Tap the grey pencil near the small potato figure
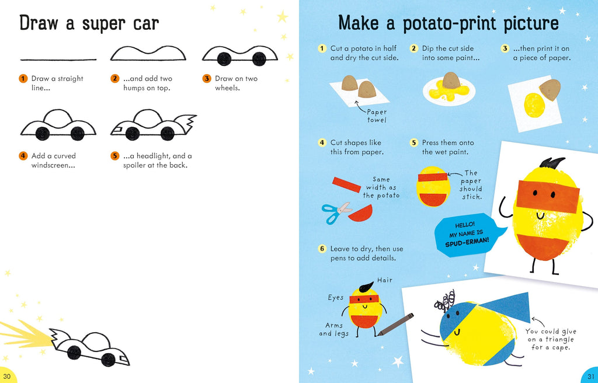click(395, 324)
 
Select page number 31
click(590, 376)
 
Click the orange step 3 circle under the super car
click(206, 78)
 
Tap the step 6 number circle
click(322, 249)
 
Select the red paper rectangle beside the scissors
click(347, 184)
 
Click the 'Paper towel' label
click(377, 116)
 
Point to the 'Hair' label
click(385, 280)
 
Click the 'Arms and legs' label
click(333, 329)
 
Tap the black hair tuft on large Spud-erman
click(552, 162)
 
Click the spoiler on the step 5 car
click(187, 123)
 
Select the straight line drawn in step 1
click(58, 60)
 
